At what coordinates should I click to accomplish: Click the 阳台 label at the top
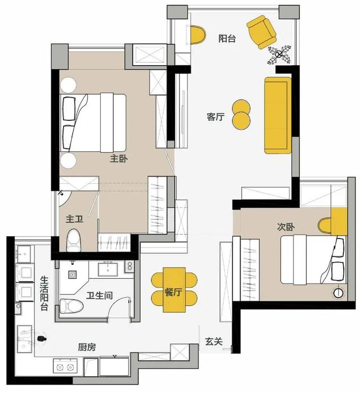(227, 39)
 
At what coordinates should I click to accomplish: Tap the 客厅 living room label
(215, 117)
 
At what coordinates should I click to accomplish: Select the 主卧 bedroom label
(119, 159)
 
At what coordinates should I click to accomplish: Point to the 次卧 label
(286, 227)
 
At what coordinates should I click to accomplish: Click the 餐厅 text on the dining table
(173, 292)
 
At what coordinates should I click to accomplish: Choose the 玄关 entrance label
(214, 341)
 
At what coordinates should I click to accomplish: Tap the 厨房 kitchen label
(87, 347)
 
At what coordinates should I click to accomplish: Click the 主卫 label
(74, 219)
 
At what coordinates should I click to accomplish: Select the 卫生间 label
(99, 296)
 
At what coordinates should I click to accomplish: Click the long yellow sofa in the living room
(278, 115)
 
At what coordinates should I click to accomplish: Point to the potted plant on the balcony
(279, 55)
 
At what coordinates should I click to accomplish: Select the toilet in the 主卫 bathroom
(74, 241)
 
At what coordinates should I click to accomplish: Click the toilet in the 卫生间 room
(71, 305)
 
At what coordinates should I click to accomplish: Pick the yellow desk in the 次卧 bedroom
(339, 222)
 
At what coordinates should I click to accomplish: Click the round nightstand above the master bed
(68, 85)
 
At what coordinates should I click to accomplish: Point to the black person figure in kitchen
(42, 338)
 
